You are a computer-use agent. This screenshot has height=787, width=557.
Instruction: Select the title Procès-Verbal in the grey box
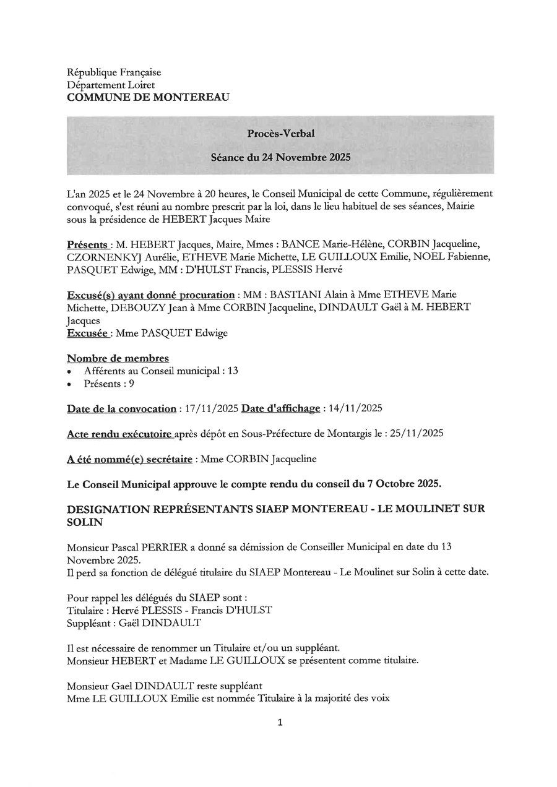(x=280, y=132)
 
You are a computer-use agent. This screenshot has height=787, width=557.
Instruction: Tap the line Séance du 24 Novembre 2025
(x=280, y=157)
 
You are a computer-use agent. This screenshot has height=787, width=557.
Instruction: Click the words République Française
(x=114, y=72)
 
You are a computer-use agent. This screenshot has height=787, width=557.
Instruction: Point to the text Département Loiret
(x=111, y=85)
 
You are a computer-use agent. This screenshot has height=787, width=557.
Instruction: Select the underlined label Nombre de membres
(x=118, y=358)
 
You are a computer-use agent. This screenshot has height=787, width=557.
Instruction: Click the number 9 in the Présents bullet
(x=131, y=384)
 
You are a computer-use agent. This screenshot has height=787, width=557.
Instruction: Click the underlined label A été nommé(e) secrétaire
(x=129, y=459)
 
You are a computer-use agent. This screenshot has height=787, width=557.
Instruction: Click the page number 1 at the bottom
(x=280, y=722)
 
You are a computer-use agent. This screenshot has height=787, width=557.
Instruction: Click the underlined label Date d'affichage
(x=280, y=408)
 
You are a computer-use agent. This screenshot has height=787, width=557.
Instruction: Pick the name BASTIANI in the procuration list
(x=290, y=295)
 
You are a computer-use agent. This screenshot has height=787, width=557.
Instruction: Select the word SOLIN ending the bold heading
(x=85, y=522)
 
